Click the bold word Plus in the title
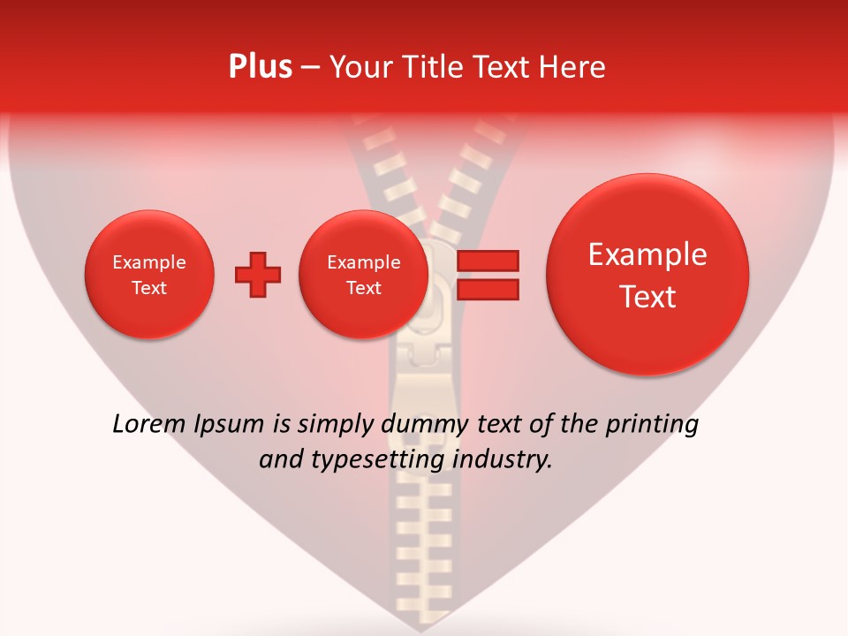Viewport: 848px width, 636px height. click(260, 66)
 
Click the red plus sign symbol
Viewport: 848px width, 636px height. click(258, 275)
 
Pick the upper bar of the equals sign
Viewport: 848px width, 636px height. click(487, 260)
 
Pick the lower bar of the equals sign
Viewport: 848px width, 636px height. click(487, 290)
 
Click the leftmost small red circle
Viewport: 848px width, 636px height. click(149, 275)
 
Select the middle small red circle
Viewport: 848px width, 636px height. click(363, 275)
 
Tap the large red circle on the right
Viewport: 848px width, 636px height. click(647, 275)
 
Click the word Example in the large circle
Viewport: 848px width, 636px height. click(647, 254)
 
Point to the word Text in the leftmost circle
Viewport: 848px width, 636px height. click(149, 288)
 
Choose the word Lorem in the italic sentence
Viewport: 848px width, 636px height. click(148, 424)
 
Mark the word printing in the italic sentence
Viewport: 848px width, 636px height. click(651, 424)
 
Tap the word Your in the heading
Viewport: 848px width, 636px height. click(353, 66)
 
